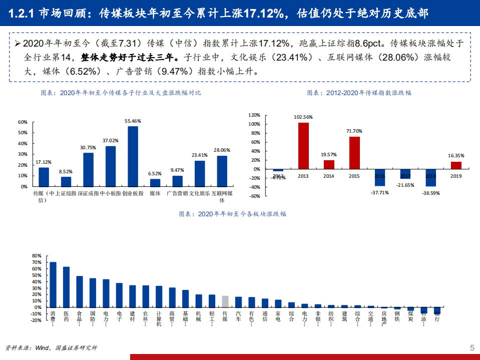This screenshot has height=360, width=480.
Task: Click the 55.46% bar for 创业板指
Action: point(133,156)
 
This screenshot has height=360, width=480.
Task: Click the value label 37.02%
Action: point(111,141)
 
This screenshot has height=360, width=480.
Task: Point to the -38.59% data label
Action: point(430,193)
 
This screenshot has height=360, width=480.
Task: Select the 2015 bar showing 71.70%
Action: point(354,153)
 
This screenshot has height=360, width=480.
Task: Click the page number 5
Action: point(471,348)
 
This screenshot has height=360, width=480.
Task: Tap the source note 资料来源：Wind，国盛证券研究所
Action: point(51,347)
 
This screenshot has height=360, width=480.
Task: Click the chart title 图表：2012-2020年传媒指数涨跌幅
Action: point(359,93)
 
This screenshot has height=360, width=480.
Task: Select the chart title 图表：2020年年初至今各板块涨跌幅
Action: point(233,214)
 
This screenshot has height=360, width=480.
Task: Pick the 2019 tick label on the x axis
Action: point(456,176)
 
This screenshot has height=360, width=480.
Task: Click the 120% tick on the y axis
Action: point(254,115)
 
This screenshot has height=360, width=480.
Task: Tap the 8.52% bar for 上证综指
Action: point(66,181)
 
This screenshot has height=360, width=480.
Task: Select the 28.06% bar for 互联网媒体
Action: point(222,171)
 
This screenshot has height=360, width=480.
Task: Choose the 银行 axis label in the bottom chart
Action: point(437,316)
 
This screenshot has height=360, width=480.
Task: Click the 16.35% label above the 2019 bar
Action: point(456,156)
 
